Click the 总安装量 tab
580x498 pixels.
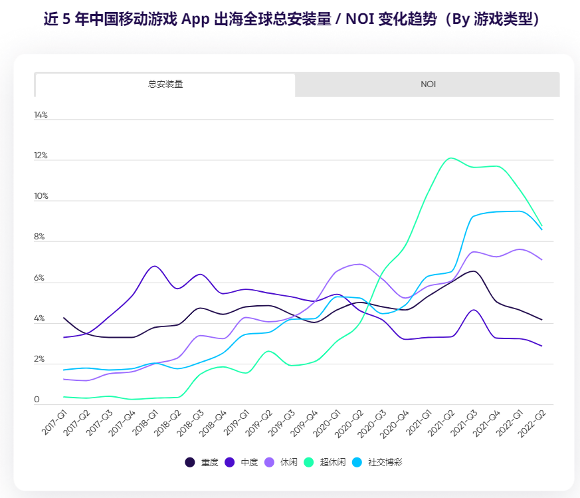tap(165, 84)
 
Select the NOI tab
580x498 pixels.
tap(427, 84)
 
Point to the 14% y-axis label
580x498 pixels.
tap(41, 115)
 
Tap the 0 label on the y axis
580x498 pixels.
tap(37, 400)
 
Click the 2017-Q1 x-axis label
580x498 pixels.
tap(56, 423)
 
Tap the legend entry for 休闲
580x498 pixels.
tap(282, 462)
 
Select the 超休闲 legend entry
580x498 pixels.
tap(325, 462)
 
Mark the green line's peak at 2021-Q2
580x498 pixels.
tap(451, 158)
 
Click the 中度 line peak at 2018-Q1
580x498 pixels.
tap(154, 266)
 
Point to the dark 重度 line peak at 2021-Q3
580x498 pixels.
tap(472, 271)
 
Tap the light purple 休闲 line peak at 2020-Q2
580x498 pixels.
tap(359, 264)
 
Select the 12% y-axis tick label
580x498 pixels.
tap(41, 156)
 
